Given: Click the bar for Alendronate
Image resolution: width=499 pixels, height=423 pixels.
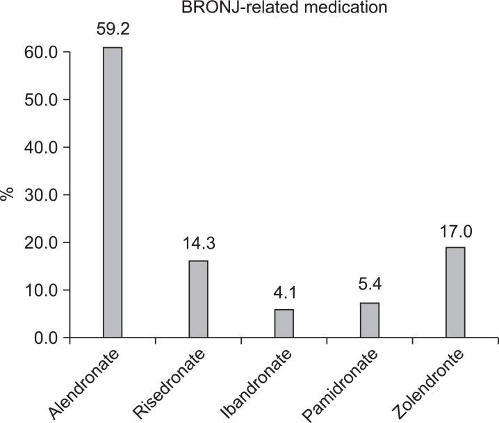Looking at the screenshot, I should click(x=112, y=192).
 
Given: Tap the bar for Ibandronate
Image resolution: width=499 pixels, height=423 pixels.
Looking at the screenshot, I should click(x=284, y=324).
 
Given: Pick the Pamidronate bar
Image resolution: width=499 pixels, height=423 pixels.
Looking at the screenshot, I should click(x=369, y=320).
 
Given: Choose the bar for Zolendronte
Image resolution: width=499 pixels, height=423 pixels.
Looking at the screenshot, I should click(x=455, y=292).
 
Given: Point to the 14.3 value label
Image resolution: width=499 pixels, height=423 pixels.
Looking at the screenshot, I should click(x=198, y=244).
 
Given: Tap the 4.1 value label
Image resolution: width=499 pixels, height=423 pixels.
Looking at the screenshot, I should click(x=284, y=293).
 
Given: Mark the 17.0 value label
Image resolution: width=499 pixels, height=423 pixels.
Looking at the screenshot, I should click(x=455, y=231).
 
